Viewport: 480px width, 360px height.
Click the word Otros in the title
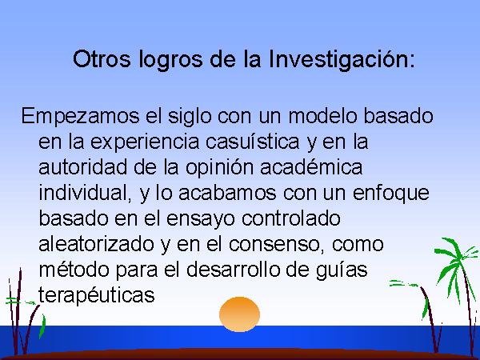point(102,58)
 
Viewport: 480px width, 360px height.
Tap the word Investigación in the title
point(342,60)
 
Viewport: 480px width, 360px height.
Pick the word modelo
point(322,116)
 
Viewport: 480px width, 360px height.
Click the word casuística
point(252,142)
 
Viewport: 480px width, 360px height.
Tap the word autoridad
point(82,167)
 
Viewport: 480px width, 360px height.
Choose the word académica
point(311,167)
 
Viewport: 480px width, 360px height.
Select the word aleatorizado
point(97,244)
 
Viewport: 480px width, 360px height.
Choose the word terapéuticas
point(97,296)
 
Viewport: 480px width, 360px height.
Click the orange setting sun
point(239,314)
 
